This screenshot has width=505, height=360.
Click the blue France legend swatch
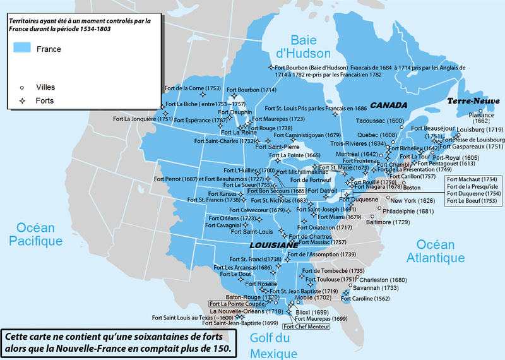pyautogui.click(x=21, y=49)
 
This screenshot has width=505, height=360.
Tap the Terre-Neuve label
pyautogui.click(x=473, y=101)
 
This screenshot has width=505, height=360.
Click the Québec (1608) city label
pyautogui.click(x=368, y=135)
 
